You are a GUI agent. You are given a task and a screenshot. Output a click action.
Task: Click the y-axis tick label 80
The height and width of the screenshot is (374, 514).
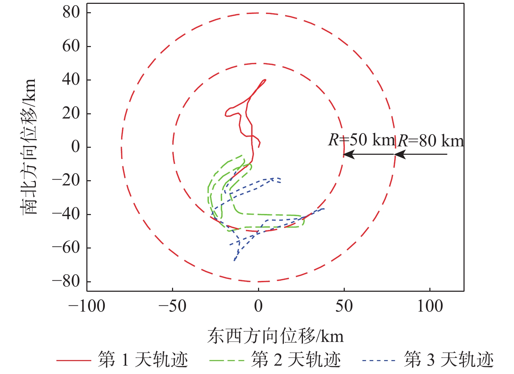pyautogui.click(x=71, y=13)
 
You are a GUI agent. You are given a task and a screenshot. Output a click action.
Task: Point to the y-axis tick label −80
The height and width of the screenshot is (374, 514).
pyautogui.click(x=66, y=281)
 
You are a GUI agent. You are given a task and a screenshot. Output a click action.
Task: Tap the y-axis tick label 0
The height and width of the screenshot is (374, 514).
pyautogui.click(x=76, y=147)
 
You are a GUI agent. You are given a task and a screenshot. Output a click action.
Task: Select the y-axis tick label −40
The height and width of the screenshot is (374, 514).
pyautogui.click(x=66, y=214)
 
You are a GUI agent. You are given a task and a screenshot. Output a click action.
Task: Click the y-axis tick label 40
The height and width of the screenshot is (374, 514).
pyautogui.click(x=71, y=80)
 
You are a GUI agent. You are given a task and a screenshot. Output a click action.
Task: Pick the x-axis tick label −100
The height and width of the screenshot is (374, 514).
pyautogui.click(x=87, y=306)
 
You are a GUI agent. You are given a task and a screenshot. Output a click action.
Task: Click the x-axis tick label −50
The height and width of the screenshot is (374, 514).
pyautogui.click(x=172, y=306)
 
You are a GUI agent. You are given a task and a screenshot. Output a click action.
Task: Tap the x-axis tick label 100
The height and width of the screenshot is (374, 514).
pyautogui.click(x=430, y=306)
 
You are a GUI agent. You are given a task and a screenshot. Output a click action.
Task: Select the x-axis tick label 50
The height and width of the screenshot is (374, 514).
pyautogui.click(x=344, y=306)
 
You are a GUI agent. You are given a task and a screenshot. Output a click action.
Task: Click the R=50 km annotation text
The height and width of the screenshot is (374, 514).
pyautogui.click(x=361, y=140)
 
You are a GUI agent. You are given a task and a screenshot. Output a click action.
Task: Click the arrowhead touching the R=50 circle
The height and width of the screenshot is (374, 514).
pyautogui.click(x=349, y=154)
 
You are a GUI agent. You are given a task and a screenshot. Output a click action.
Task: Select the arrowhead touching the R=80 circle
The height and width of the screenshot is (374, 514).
pyautogui.click(x=400, y=154)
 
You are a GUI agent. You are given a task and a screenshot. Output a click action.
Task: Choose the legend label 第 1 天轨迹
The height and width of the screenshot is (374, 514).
pyautogui.click(x=143, y=360)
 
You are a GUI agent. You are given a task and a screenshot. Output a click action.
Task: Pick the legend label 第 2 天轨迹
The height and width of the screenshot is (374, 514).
pyautogui.click(x=296, y=360)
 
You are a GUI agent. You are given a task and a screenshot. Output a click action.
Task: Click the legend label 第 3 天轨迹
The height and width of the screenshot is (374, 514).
pyautogui.click(x=449, y=360)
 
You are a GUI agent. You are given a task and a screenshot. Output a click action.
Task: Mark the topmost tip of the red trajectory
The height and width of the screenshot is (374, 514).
pyautogui.click(x=265, y=80)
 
